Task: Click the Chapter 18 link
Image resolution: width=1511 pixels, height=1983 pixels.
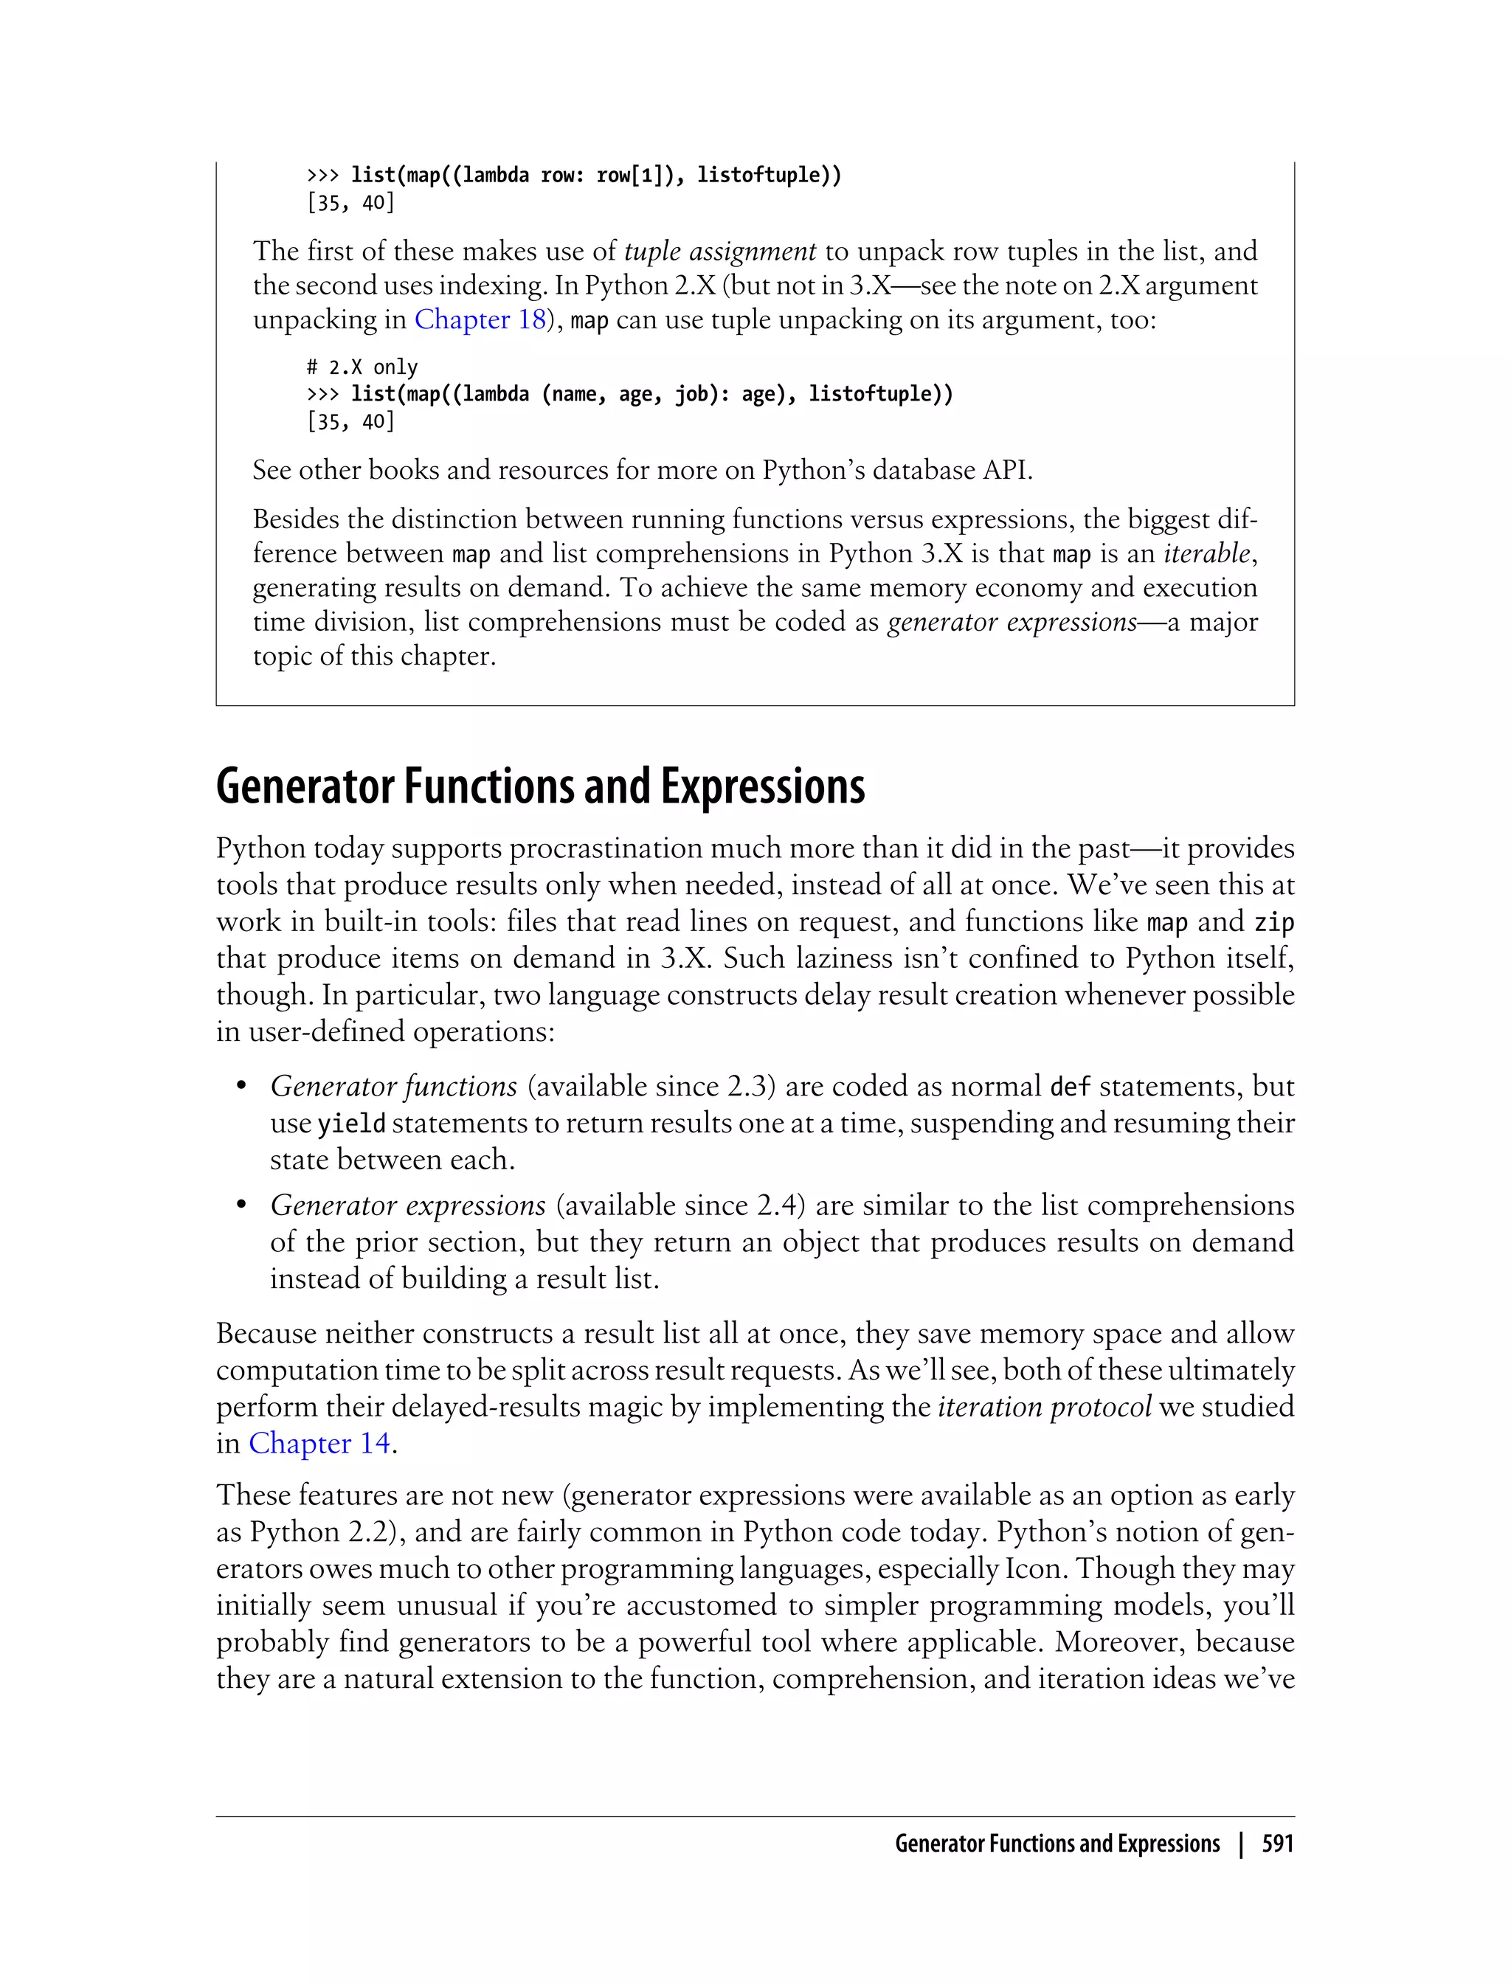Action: pyautogui.click(x=480, y=320)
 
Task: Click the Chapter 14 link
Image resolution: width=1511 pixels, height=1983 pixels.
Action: pyautogui.click(x=319, y=1444)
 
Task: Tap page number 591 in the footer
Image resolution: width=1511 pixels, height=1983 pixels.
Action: pyautogui.click(x=1277, y=1844)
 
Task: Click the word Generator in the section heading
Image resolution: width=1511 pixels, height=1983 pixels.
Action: pyautogui.click(x=305, y=787)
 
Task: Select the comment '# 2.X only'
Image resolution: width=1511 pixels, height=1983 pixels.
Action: pyautogui.click(x=362, y=367)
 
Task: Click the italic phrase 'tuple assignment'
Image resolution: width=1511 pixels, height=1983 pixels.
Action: pyautogui.click(x=719, y=251)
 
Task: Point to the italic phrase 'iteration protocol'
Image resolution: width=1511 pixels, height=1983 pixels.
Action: pyautogui.click(x=1044, y=1407)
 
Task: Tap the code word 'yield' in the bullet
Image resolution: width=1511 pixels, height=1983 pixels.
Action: pyautogui.click(x=352, y=1124)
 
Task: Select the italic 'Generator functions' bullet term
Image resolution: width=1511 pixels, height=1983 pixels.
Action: pyautogui.click(x=393, y=1087)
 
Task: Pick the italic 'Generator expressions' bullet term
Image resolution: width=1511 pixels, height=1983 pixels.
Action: pyautogui.click(x=407, y=1205)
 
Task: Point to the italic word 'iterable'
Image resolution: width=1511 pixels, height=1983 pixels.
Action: pyautogui.click(x=1206, y=553)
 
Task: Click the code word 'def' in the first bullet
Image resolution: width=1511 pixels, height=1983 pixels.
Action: pyautogui.click(x=1071, y=1087)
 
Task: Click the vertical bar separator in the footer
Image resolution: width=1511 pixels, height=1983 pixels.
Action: pyautogui.click(x=1241, y=1844)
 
